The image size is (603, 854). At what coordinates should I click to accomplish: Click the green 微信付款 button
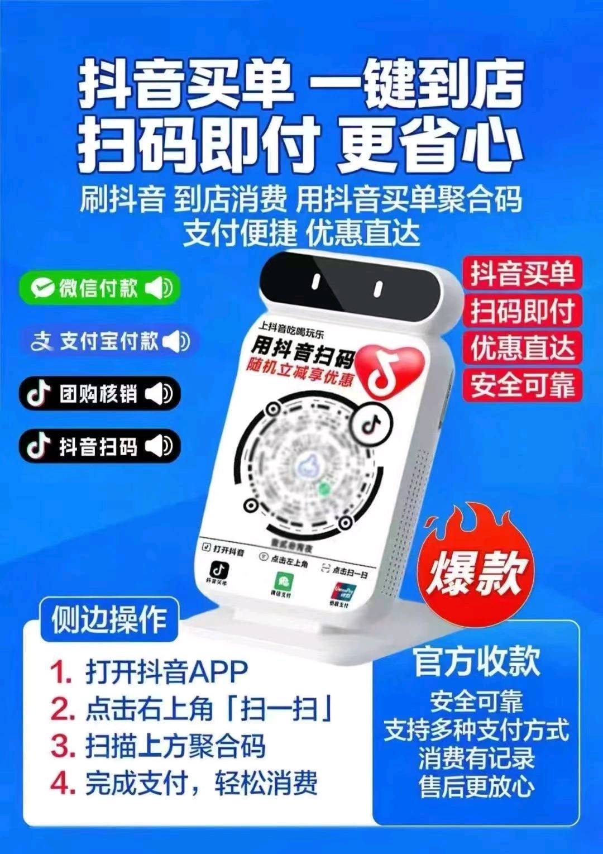(x=99, y=288)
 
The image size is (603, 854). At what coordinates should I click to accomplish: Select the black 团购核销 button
(x=99, y=394)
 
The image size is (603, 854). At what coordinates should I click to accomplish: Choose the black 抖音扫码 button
(x=99, y=446)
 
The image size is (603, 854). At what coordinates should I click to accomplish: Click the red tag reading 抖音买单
(x=522, y=273)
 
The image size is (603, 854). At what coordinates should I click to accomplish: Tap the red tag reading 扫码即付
(x=522, y=311)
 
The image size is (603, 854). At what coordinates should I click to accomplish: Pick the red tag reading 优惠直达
(x=522, y=347)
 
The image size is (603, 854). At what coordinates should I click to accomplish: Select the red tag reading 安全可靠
(x=522, y=384)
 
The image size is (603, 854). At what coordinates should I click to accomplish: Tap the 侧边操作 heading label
(x=109, y=619)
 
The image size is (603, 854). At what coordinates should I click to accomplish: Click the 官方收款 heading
(x=476, y=661)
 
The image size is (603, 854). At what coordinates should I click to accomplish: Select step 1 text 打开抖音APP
(x=166, y=671)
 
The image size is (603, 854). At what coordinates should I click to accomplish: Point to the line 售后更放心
(x=476, y=786)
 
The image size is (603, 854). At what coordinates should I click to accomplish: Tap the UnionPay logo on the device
(x=341, y=594)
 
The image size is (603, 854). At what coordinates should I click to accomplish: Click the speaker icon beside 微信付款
(x=159, y=288)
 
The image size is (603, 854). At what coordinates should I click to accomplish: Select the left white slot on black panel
(x=316, y=282)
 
